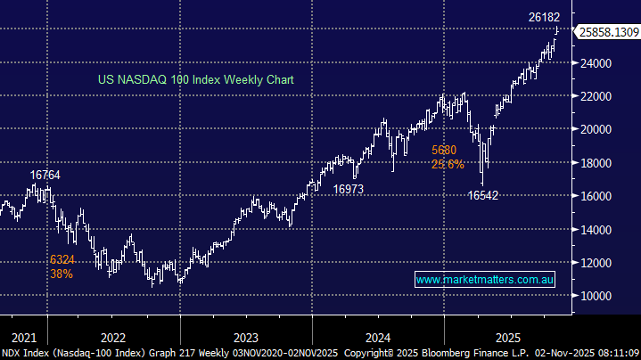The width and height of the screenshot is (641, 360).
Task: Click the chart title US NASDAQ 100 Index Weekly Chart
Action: tap(196, 80)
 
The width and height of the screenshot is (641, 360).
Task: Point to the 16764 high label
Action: tap(45, 176)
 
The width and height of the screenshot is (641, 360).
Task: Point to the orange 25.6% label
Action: tap(448, 164)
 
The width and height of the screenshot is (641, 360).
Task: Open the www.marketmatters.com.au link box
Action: tap(487, 280)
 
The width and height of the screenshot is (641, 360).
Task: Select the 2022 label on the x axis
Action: tap(113, 338)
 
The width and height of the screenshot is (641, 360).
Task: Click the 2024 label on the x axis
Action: tap(378, 338)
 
